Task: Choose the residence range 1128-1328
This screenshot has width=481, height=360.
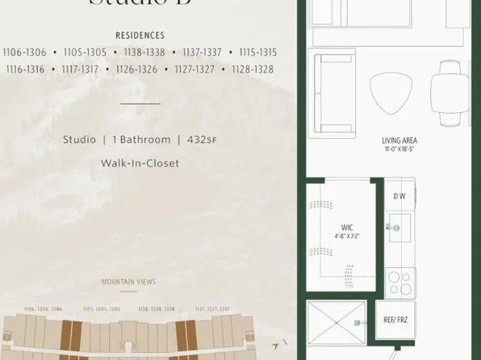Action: click(x=253, y=69)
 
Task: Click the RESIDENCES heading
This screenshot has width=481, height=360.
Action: click(x=140, y=36)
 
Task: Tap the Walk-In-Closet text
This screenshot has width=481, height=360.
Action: click(x=140, y=163)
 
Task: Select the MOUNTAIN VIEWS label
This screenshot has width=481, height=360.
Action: click(x=128, y=282)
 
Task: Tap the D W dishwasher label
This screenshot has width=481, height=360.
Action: click(x=399, y=197)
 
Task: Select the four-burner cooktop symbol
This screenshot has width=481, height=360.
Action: click(x=399, y=283)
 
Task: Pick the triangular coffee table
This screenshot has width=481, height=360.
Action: click(x=389, y=95)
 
